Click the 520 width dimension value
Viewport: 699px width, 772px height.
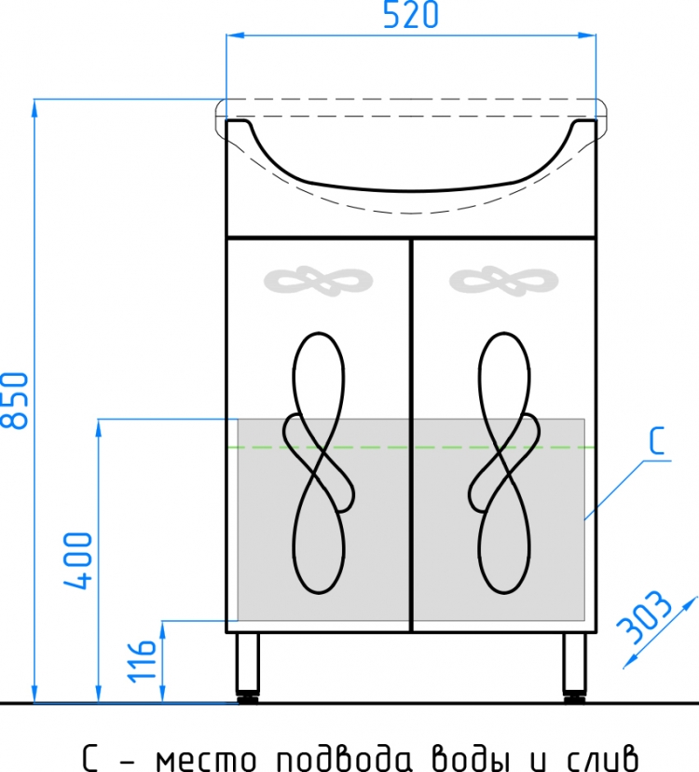point(410,15)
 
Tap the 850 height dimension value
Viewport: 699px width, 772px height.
point(15,400)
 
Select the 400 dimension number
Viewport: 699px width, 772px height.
point(77,560)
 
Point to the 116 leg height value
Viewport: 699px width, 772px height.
point(142,661)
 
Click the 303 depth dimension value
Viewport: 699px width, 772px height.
point(645,617)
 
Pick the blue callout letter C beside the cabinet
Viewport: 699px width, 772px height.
point(657,441)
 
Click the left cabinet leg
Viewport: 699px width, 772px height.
point(247,667)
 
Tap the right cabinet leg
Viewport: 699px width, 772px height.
point(574,667)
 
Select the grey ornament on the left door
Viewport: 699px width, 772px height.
point(318,282)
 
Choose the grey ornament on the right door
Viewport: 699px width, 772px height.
point(503,282)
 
